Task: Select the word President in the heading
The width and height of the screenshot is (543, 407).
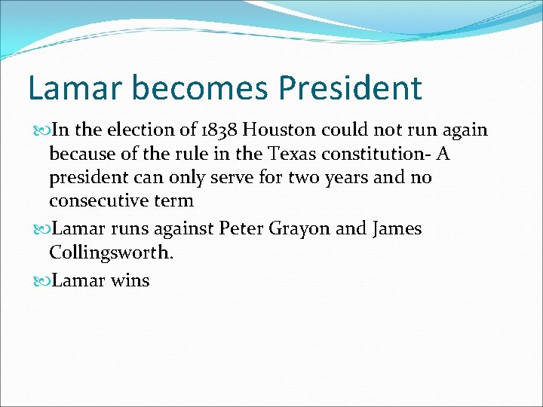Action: click(350, 87)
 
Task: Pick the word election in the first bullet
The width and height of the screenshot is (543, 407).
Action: click(144, 130)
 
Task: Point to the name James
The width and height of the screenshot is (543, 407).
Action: click(397, 228)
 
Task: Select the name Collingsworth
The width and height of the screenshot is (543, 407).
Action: click(112, 252)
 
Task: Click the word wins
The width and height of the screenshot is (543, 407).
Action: click(130, 280)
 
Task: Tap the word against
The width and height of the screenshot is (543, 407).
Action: click(183, 228)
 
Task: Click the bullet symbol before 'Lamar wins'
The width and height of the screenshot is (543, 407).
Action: click(40, 281)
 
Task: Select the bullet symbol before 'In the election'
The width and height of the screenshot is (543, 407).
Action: click(40, 130)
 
